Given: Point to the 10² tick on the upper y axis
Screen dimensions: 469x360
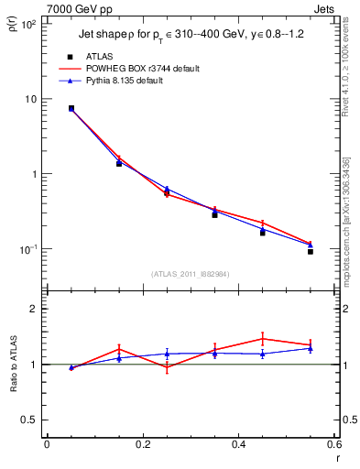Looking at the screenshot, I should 29,25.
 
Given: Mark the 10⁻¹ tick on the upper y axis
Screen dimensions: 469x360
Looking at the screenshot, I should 29,249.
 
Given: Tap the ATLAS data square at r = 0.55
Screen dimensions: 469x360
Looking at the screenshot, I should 311,251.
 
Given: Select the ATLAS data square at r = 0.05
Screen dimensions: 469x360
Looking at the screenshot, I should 71,108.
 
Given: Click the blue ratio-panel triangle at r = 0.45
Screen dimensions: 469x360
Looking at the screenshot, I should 263,354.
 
